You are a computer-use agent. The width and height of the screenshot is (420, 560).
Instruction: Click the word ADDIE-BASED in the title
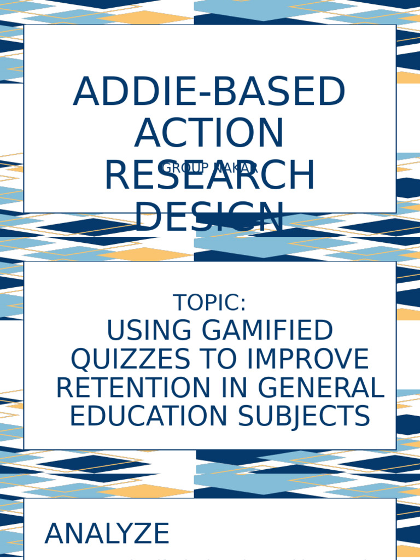click(x=209, y=92)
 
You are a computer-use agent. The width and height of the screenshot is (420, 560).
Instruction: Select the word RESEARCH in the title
click(x=209, y=176)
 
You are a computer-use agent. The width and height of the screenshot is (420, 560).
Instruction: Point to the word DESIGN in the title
click(x=209, y=217)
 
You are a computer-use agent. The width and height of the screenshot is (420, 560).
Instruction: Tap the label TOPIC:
click(x=209, y=303)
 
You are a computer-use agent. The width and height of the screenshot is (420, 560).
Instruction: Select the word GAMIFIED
click(x=267, y=331)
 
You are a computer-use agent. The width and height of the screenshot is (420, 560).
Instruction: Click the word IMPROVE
click(x=307, y=359)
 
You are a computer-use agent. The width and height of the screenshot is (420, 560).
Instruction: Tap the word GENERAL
click(x=321, y=388)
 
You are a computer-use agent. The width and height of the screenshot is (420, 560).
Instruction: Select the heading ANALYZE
click(x=107, y=534)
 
